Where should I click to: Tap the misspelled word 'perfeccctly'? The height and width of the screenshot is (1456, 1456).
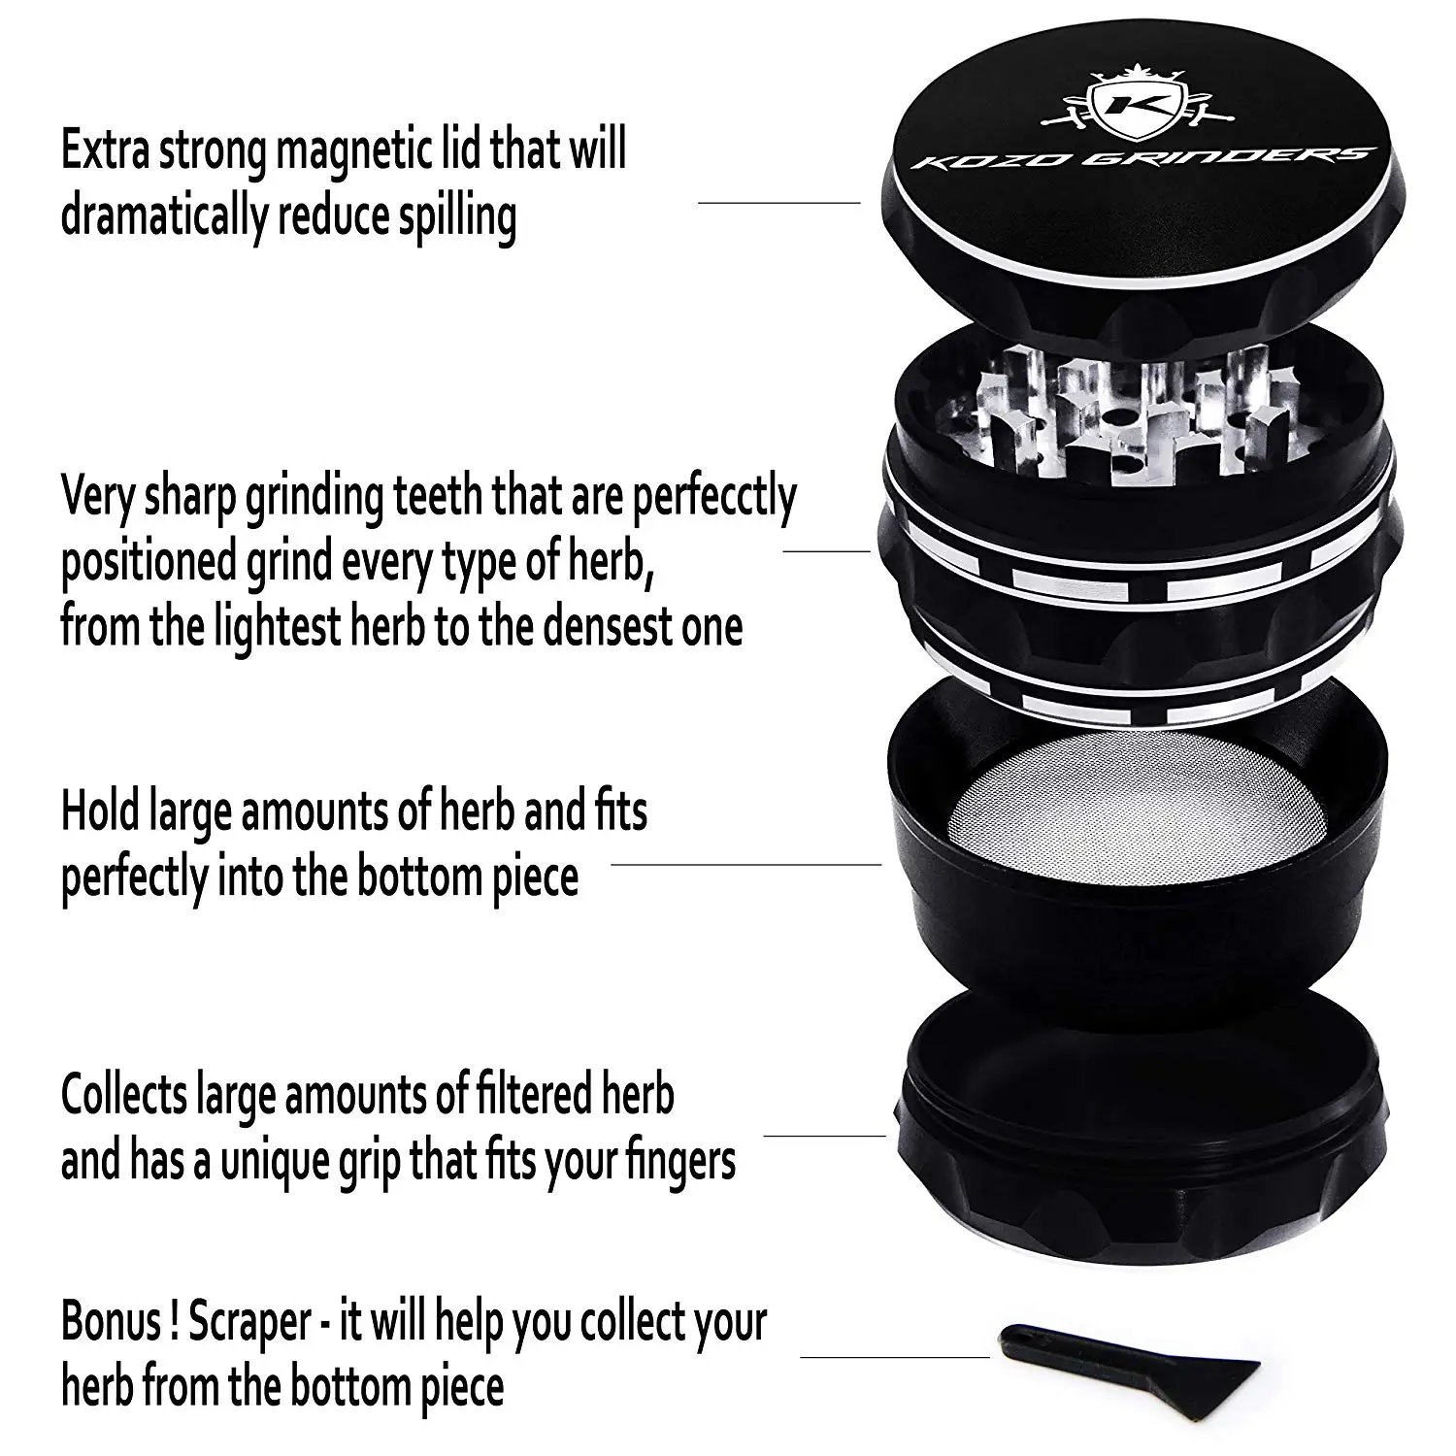713,497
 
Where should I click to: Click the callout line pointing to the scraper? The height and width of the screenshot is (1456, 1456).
893,1356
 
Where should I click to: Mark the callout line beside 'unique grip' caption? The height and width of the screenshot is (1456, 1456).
824,1135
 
